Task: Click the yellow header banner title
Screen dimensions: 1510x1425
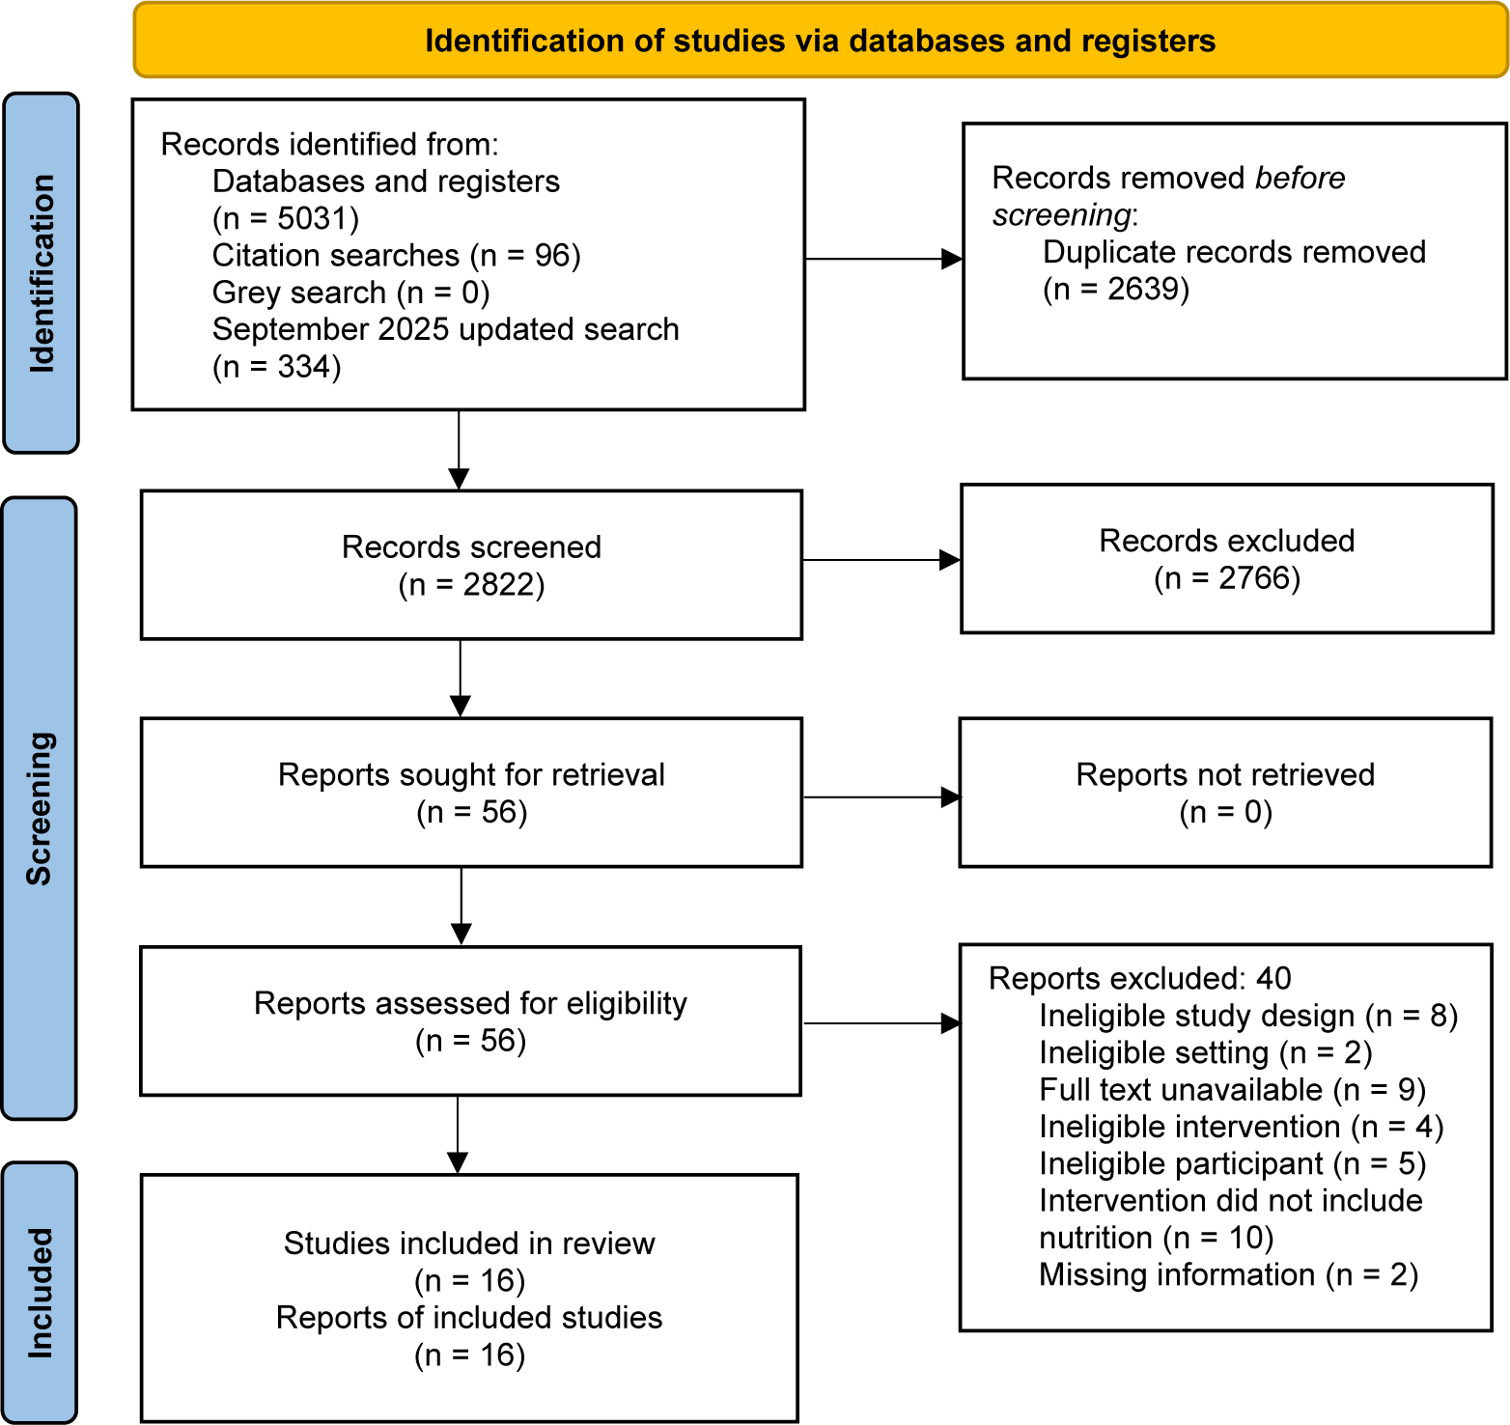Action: [x=820, y=41]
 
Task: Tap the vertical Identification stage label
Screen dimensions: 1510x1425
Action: [x=42, y=273]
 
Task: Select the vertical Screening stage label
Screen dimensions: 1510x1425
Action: [x=40, y=808]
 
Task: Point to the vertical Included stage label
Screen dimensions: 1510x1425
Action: [x=40, y=1293]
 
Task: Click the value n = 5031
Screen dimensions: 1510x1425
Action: [x=286, y=218]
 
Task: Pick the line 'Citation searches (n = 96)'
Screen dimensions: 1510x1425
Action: [x=397, y=255]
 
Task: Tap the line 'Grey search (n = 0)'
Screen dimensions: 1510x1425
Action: [x=351, y=292]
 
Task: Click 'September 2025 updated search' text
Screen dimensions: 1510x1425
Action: [x=446, y=329]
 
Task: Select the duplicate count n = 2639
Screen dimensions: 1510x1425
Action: [x=1116, y=289]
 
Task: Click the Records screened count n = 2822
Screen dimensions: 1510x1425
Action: [x=472, y=584]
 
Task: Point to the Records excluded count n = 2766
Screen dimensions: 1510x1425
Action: [x=1227, y=577]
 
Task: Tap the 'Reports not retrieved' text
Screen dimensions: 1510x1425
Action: [x=1225, y=774]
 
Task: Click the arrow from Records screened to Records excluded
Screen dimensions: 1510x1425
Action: [x=881, y=560]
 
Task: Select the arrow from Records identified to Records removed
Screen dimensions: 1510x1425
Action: [x=884, y=259]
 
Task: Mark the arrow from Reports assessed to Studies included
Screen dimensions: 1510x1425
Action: [x=458, y=1134]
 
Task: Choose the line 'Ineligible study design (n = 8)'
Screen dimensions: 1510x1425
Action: [x=1248, y=1016]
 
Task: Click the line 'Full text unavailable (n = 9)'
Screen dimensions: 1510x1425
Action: [x=1233, y=1090]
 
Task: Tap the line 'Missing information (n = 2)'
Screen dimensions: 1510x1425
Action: [x=1229, y=1274]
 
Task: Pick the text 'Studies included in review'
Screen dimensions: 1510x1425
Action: [x=469, y=1243]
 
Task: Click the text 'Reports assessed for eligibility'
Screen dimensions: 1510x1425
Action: [x=470, y=1003]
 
